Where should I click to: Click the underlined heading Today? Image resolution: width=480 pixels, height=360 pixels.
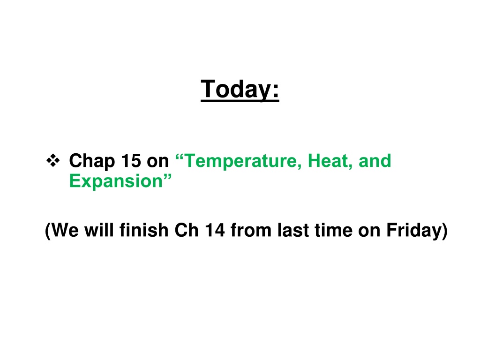[240, 89]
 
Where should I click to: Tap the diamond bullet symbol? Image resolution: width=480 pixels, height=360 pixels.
[53, 160]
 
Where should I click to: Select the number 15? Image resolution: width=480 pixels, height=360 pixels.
[131, 160]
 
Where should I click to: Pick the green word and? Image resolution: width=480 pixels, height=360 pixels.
[375, 160]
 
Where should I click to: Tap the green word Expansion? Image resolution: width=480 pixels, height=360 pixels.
[116, 181]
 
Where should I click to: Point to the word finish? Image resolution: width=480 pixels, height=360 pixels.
[144, 230]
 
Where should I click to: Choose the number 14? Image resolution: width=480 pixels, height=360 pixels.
[215, 230]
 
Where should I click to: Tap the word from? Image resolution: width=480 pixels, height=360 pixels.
[251, 230]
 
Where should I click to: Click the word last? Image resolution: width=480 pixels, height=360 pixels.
[293, 230]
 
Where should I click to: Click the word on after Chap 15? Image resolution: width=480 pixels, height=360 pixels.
[157, 162]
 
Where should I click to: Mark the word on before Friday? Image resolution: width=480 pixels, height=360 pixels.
[369, 232]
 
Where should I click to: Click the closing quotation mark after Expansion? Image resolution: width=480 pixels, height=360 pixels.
[167, 177]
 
